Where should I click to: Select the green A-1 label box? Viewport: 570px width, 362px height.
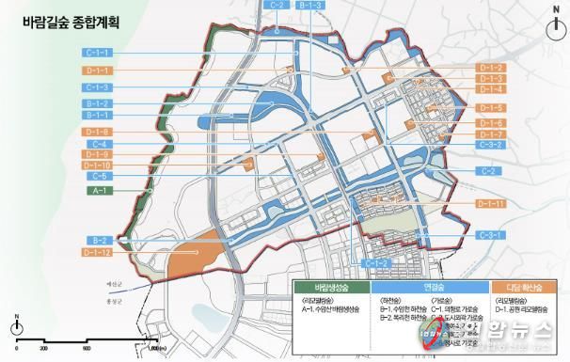click(x=102, y=191)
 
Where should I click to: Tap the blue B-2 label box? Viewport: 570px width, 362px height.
click(x=102, y=240)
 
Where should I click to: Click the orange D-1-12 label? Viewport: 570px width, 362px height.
click(x=102, y=252)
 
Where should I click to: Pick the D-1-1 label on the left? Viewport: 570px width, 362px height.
click(x=102, y=71)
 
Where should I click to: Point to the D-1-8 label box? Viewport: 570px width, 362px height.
click(x=102, y=131)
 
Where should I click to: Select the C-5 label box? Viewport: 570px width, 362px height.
click(x=102, y=176)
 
